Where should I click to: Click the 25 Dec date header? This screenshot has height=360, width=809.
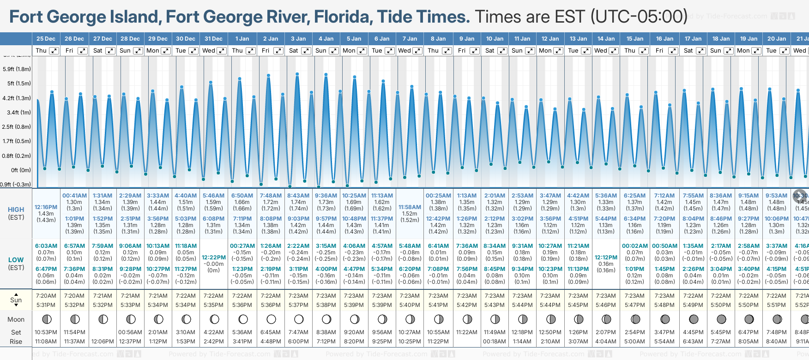click(x=46, y=39)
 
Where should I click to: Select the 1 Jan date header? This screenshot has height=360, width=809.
click(x=242, y=39)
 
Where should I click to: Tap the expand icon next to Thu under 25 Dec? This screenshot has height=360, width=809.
click(x=54, y=51)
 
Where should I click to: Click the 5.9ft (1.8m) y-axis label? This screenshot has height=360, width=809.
click(x=17, y=69)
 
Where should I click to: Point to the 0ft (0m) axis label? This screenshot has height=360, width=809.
click(x=21, y=170)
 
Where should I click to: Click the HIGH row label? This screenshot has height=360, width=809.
click(x=16, y=210)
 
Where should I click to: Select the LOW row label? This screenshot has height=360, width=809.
click(x=16, y=260)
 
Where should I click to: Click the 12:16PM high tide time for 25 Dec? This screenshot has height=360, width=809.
click(x=46, y=207)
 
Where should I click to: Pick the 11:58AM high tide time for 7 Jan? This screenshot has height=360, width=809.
click(x=410, y=207)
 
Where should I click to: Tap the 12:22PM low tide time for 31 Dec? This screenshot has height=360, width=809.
click(x=214, y=258)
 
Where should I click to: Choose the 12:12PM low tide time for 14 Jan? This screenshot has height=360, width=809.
click(x=606, y=258)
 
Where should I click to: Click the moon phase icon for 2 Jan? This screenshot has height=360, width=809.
click(x=271, y=319)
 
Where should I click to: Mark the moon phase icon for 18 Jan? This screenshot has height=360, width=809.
click(x=721, y=319)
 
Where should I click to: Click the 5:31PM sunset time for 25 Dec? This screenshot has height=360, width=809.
click(x=46, y=305)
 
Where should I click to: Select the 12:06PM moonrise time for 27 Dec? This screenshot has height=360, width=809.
click(x=103, y=342)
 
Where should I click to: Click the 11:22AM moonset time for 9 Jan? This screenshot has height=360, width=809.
click(x=467, y=332)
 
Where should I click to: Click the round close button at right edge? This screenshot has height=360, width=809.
click(x=800, y=196)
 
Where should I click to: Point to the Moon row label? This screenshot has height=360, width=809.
click(x=16, y=319)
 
